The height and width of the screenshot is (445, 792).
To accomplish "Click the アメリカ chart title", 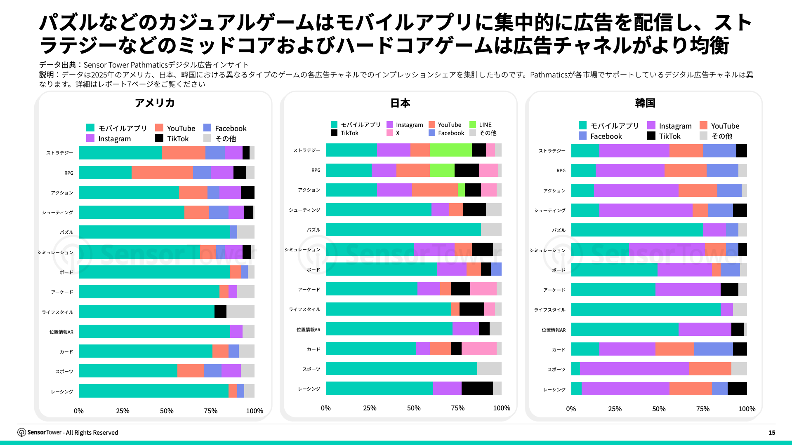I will click(x=155, y=103).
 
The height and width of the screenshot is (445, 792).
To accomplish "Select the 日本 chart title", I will click(x=400, y=103).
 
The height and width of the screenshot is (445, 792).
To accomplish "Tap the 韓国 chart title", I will click(x=645, y=103).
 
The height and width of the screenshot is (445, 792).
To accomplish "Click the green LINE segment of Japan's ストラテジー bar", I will click(x=450, y=150).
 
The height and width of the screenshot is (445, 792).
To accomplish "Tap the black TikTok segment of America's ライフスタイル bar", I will click(x=220, y=311).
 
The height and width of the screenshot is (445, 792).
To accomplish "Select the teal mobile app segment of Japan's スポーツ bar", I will click(x=401, y=368).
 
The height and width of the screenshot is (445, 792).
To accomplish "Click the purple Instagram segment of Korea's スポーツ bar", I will click(x=634, y=369).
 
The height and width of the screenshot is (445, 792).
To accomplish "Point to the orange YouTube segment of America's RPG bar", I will click(x=162, y=173).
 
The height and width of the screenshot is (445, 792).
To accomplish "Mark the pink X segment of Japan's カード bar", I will click(x=479, y=349).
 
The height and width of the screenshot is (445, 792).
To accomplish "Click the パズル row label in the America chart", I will click(x=66, y=232).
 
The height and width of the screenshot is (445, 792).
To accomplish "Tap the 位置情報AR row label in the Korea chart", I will click(x=554, y=330).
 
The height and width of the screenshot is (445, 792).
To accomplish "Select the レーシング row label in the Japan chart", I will click(x=309, y=389).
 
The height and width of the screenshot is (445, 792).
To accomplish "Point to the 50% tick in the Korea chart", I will click(x=659, y=409).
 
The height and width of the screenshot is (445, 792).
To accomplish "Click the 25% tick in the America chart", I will click(x=123, y=411).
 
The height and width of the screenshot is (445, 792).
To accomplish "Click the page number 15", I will click(x=771, y=433).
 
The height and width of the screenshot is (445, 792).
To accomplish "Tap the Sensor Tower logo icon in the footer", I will click(x=21, y=432).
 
